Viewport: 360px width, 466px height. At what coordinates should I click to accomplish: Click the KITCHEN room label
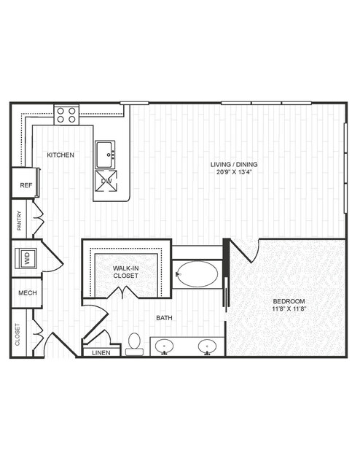coord(60,155)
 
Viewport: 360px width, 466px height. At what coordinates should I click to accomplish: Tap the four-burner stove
coord(66,115)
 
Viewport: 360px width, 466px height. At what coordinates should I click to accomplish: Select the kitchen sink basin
coord(105,155)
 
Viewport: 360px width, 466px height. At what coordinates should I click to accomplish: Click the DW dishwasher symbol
coord(106,181)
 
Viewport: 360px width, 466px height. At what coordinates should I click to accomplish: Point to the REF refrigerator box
coord(26,183)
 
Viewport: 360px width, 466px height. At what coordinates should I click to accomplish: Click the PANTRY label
coord(20,220)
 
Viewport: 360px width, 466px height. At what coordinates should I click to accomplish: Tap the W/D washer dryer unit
coord(26,258)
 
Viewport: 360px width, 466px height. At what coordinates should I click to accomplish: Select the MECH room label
coord(28,293)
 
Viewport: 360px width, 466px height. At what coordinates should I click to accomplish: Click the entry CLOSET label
coord(17,335)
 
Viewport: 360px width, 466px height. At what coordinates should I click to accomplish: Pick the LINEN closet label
coord(101,353)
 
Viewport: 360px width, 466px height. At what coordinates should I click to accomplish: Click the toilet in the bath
coord(134,344)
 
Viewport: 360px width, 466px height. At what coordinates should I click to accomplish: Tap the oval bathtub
coord(197,274)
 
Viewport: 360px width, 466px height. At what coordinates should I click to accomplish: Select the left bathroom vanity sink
coord(164,346)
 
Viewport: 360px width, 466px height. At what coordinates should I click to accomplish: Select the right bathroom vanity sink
coord(207,346)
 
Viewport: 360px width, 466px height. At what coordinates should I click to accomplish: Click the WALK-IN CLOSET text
coord(125,272)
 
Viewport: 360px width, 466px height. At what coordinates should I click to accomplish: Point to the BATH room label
coord(164,318)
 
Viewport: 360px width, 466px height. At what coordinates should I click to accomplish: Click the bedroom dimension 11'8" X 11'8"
coord(289,308)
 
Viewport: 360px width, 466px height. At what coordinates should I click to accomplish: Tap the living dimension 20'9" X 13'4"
coord(235,172)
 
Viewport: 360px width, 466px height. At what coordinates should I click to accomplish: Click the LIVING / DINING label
coord(234,164)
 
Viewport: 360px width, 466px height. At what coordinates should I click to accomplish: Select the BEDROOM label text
coord(289,301)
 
